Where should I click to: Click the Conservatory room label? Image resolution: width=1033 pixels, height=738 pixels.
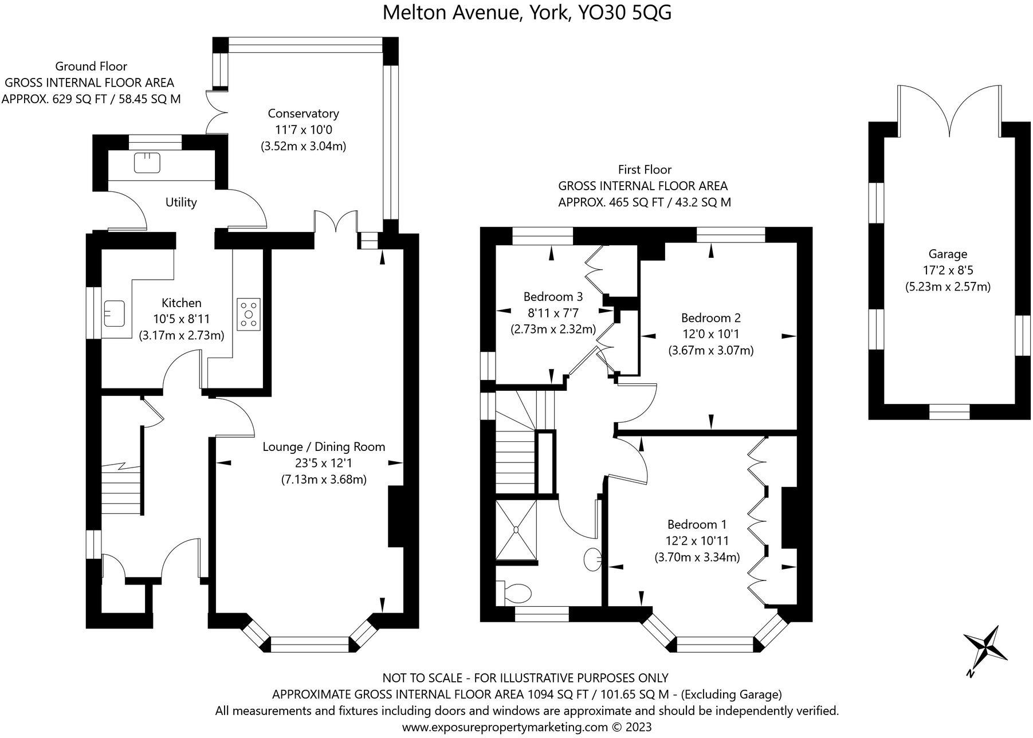click(x=303, y=113)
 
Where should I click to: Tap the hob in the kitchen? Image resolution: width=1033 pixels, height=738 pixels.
click(x=249, y=314)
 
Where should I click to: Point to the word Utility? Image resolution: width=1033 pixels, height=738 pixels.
click(x=181, y=202)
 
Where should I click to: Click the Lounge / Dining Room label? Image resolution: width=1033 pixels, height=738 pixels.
click(x=324, y=446)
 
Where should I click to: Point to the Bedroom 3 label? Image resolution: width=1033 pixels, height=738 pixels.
click(x=553, y=297)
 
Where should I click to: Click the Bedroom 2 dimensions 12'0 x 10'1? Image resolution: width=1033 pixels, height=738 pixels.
click(x=711, y=334)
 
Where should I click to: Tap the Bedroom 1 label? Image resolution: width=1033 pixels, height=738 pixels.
click(x=697, y=524)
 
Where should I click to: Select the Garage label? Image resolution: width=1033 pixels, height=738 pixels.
click(x=948, y=254)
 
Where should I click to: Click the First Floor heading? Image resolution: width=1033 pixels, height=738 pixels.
click(x=645, y=170)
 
